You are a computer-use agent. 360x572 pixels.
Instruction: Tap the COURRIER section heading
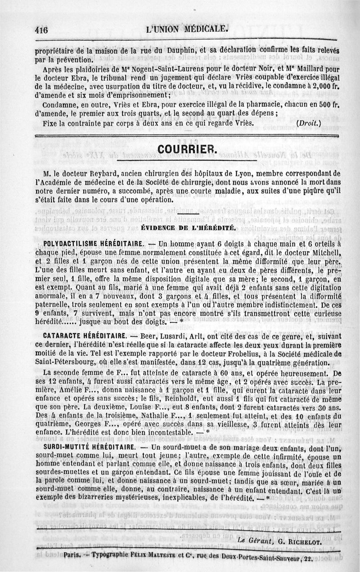click(185, 149)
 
